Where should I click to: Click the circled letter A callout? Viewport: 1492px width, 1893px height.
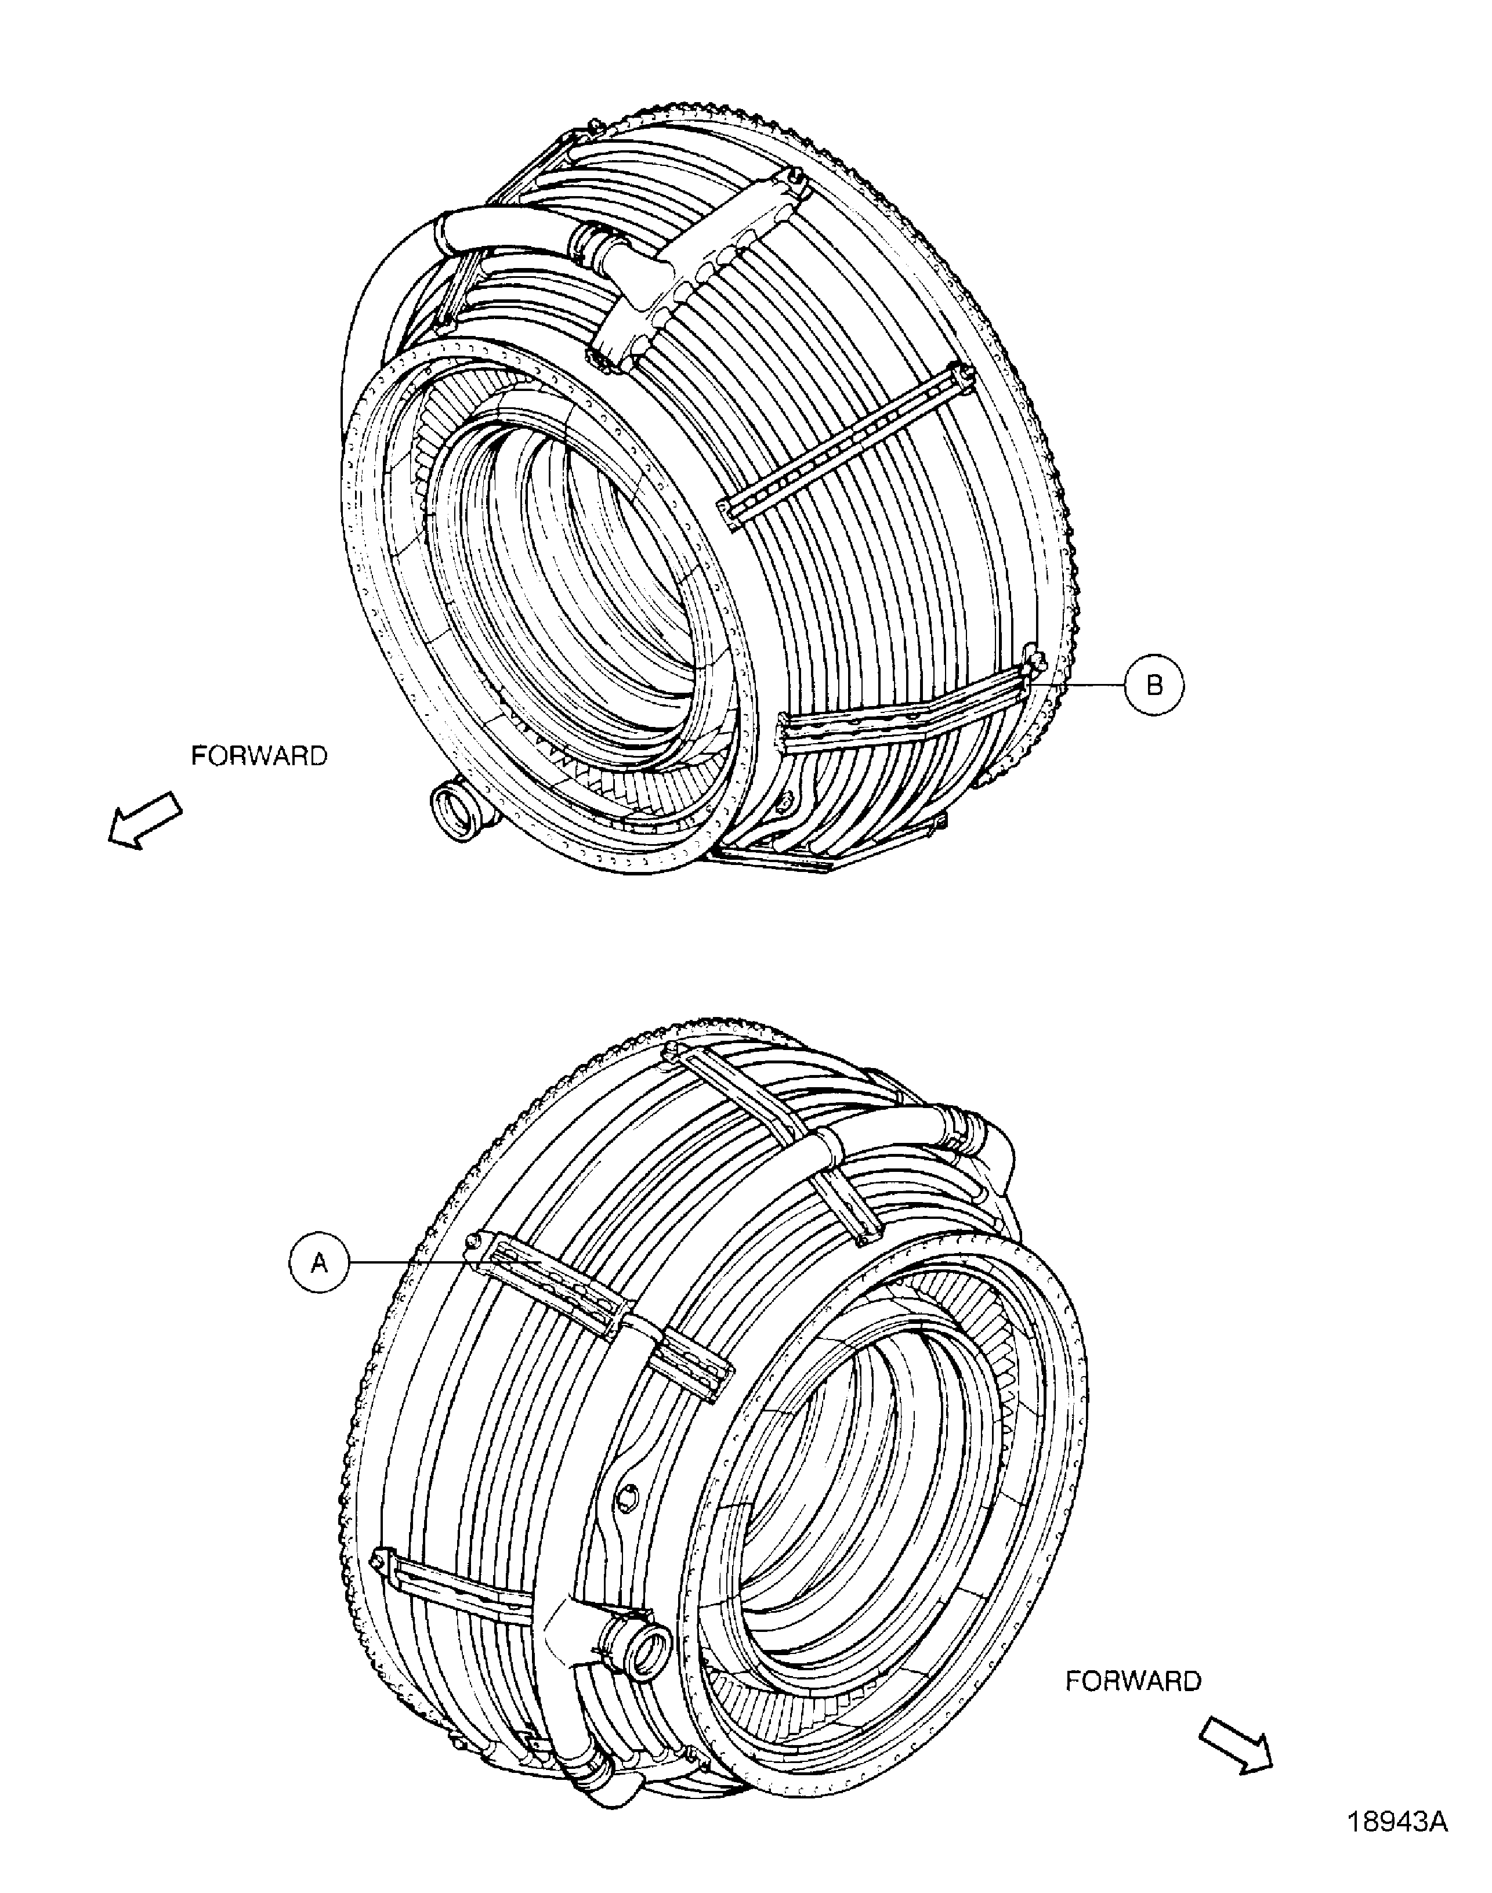tap(320, 1261)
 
